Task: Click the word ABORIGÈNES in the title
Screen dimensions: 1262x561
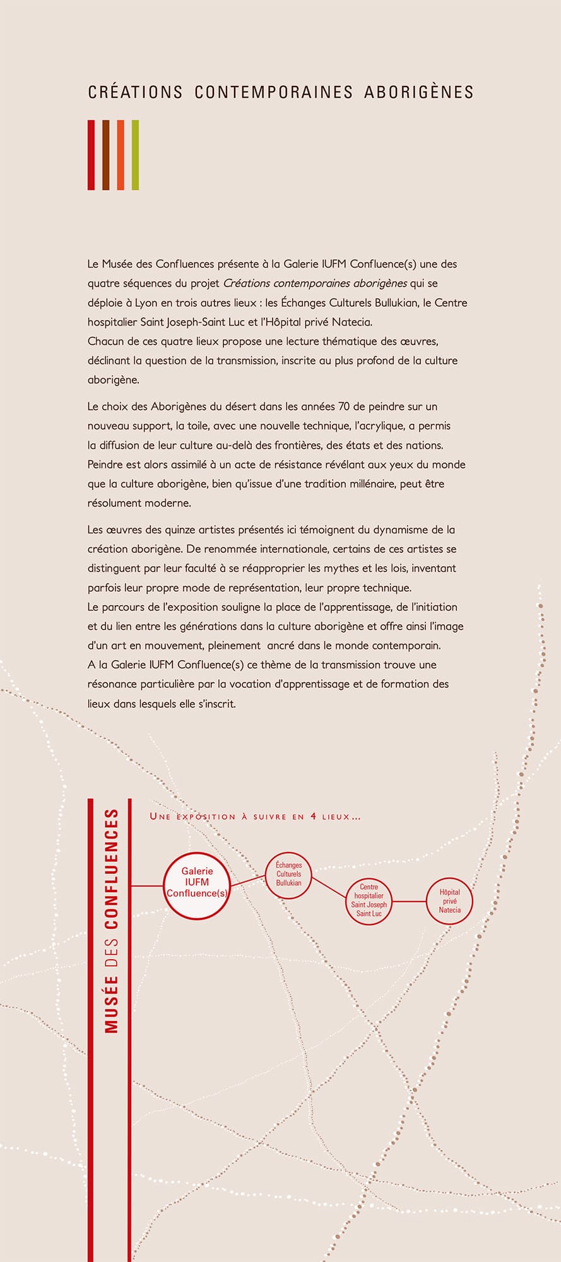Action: point(418,92)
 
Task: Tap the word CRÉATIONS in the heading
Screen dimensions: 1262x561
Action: point(135,92)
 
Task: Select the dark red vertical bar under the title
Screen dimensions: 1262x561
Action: point(91,155)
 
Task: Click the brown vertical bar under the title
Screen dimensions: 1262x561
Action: point(106,155)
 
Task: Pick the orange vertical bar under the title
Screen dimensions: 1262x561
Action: point(121,155)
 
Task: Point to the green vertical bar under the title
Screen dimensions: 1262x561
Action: point(135,155)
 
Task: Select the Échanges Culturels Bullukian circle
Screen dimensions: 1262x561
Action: point(288,875)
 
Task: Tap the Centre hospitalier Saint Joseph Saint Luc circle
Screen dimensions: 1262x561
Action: point(369,900)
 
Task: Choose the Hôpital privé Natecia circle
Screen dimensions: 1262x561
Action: point(449,901)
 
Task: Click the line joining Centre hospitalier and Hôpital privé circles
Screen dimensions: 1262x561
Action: point(409,901)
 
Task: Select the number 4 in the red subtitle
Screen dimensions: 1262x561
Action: point(314,817)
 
